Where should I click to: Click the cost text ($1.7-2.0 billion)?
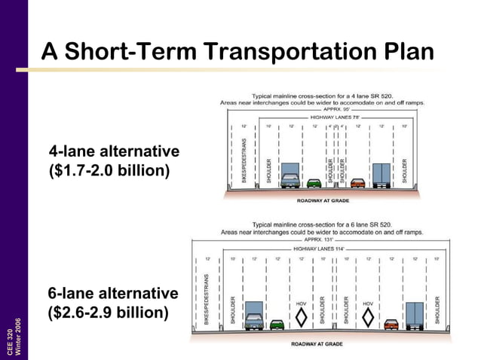click(109, 172)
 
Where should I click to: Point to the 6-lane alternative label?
click(113, 292)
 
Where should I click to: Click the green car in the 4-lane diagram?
click(314, 182)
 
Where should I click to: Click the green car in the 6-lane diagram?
click(277, 325)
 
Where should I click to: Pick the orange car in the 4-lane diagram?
click(357, 182)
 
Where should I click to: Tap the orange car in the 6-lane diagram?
click(391, 325)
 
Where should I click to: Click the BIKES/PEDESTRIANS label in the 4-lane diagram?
click(244, 160)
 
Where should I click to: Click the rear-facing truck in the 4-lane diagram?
click(382, 175)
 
